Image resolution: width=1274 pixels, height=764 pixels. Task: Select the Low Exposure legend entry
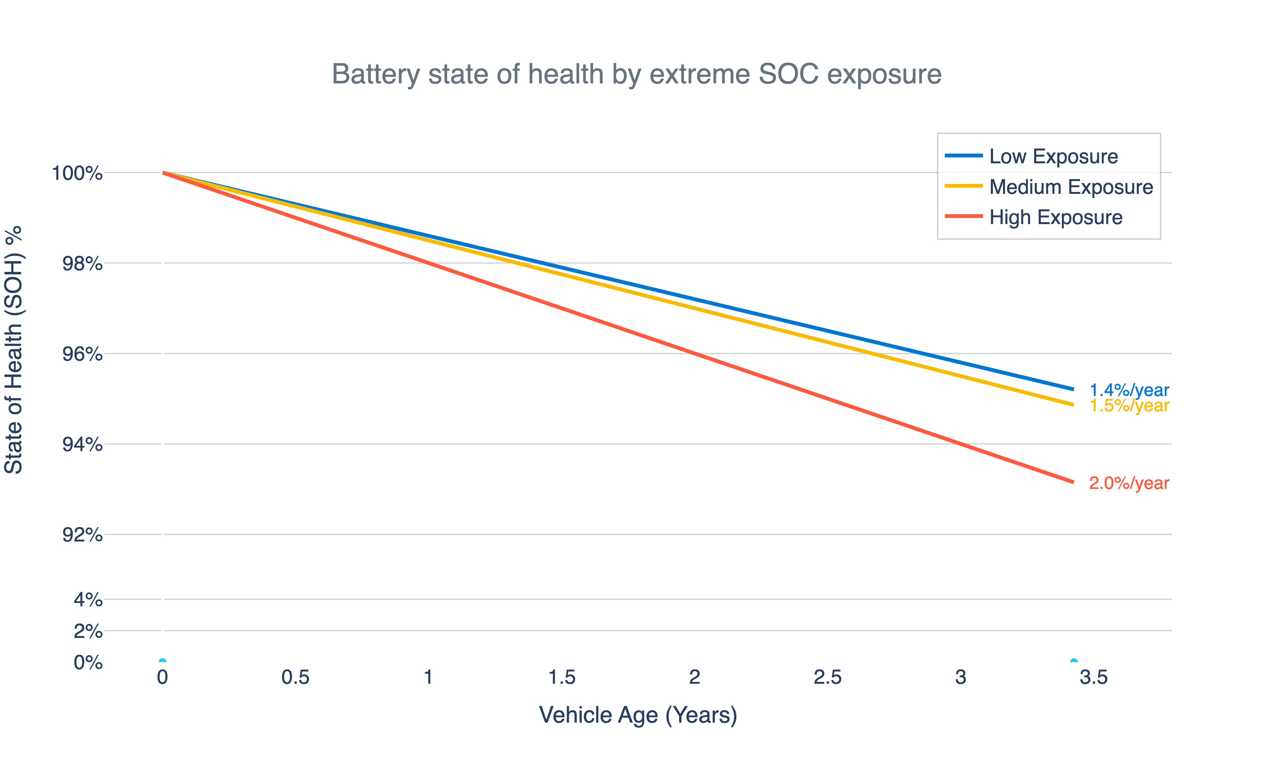point(1053,157)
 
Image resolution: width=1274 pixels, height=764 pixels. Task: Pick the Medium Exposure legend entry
point(1070,187)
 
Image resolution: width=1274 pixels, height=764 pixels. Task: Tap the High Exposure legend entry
point(1056,217)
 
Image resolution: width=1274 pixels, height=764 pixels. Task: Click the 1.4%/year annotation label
point(1129,390)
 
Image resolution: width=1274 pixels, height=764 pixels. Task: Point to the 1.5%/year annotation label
point(1129,406)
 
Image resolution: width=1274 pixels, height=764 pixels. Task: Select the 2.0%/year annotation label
point(1129,484)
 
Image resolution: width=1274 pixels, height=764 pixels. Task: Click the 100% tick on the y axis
point(77,173)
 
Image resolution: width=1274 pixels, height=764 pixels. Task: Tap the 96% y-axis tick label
point(82,354)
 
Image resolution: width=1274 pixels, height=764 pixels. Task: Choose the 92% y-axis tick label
point(82,535)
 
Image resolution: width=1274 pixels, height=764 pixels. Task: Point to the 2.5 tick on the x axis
point(827,677)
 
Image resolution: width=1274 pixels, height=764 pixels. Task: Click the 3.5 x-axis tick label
point(1093,677)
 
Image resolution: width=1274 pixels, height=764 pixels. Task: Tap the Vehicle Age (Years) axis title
point(638,715)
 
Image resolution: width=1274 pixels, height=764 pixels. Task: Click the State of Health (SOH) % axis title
point(14,350)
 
